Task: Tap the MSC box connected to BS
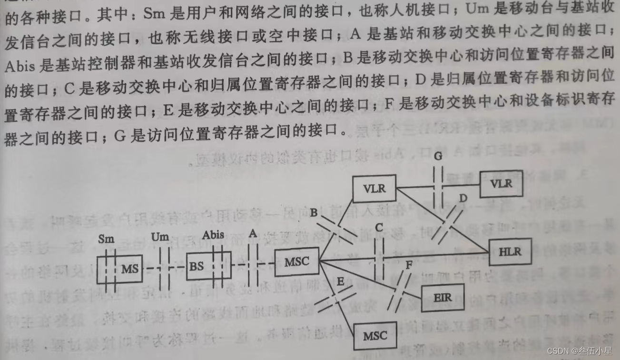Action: pyautogui.click(x=296, y=261)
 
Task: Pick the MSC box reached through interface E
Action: pyautogui.click(x=375, y=335)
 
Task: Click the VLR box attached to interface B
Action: pyautogui.click(x=374, y=188)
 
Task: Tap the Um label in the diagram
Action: pyautogui.click(x=160, y=237)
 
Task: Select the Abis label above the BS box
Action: pyautogui.click(x=213, y=235)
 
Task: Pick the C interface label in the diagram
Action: pyautogui.click(x=379, y=228)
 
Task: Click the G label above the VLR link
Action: pyautogui.click(x=438, y=155)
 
